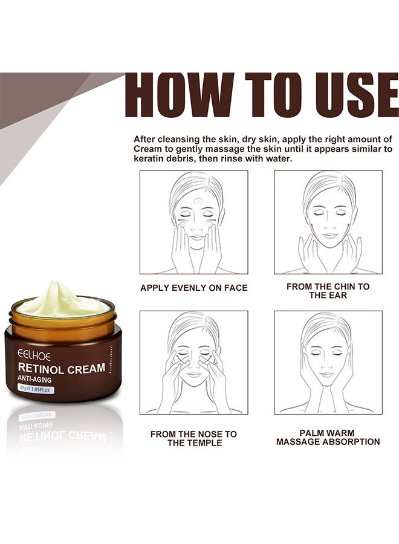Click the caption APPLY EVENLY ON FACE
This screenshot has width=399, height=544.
193,288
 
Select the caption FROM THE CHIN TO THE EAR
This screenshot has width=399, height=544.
328,291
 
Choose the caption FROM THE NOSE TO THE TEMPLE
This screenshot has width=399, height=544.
193,438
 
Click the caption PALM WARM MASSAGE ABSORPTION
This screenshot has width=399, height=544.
328,438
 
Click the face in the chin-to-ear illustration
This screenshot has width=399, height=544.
328,212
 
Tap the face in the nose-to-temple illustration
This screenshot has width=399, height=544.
193,354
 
